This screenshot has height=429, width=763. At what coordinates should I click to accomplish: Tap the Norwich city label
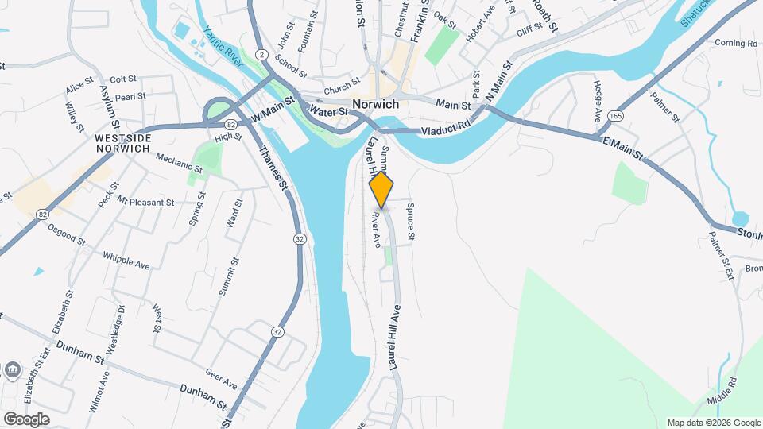375,104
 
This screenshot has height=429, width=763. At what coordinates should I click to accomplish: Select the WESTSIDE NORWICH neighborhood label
122,143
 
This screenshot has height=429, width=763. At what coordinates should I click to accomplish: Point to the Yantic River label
222,44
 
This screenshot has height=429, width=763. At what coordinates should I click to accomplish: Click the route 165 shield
614,116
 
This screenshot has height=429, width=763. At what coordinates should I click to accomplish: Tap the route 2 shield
261,53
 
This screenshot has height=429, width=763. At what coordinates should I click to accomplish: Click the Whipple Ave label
126,260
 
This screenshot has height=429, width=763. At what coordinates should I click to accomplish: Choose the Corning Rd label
735,43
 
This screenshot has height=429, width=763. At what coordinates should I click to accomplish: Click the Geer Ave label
221,381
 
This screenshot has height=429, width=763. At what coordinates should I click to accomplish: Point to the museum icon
14,369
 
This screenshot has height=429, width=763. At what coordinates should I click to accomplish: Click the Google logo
26,419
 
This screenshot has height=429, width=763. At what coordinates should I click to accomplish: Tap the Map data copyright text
713,423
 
